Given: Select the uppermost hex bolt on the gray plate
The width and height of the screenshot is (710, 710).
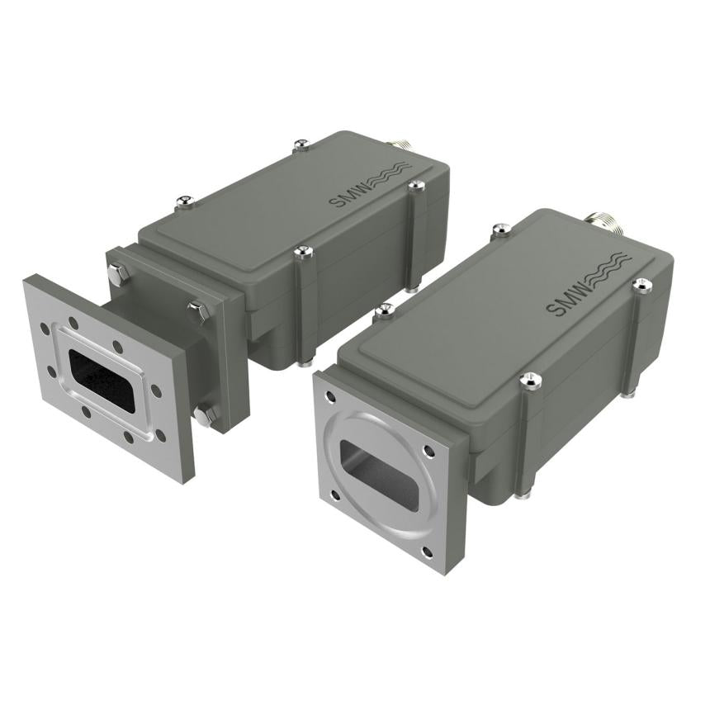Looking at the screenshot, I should [x=118, y=273].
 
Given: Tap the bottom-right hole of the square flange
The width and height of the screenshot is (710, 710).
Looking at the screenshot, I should [x=427, y=553].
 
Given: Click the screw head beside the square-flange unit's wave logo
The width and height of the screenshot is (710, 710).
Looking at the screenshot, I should [x=642, y=285].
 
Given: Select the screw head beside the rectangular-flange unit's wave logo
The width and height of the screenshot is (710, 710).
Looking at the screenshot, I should [x=415, y=186].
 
